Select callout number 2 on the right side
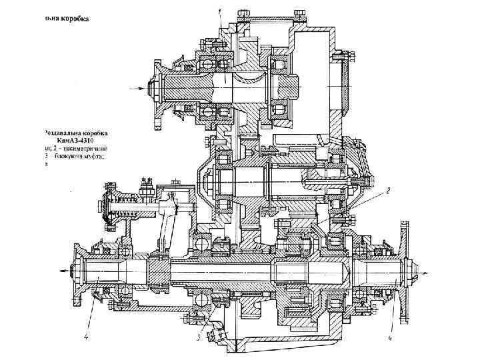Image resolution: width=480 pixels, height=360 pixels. pyautogui.click(x=388, y=190)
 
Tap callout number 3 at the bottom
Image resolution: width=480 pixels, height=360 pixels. pyautogui.click(x=199, y=338)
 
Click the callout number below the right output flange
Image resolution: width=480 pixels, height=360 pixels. pyautogui.click(x=390, y=338)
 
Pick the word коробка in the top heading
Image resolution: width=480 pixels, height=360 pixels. pyautogui.click(x=74, y=18)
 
